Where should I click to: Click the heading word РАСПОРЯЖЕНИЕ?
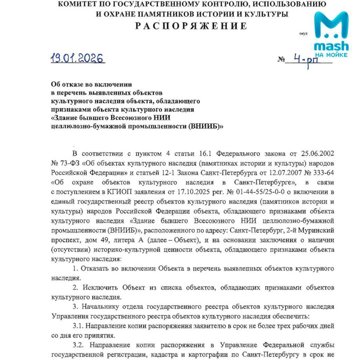pos(191,26)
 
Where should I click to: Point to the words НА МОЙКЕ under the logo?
pos(331,54)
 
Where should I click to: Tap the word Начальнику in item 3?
pos(104,307)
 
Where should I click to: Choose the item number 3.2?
pos(78,345)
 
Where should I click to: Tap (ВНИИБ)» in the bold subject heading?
pos(206,127)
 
